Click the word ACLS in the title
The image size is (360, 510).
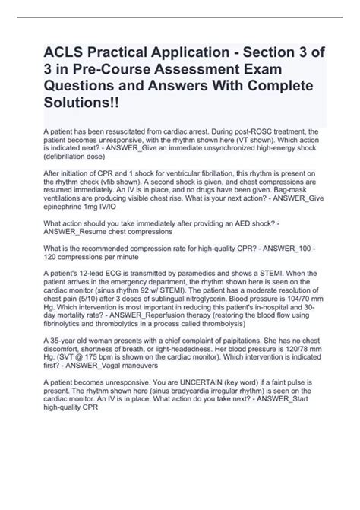tap(53, 54)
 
